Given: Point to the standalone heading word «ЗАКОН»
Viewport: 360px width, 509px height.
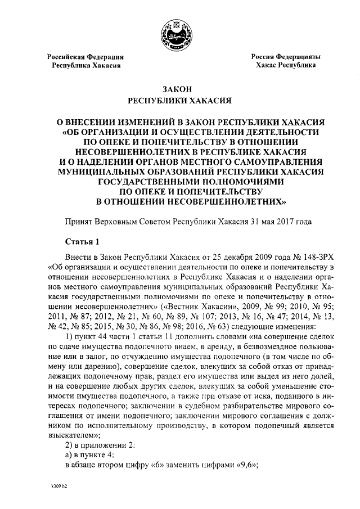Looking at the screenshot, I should [x=180, y=89].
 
